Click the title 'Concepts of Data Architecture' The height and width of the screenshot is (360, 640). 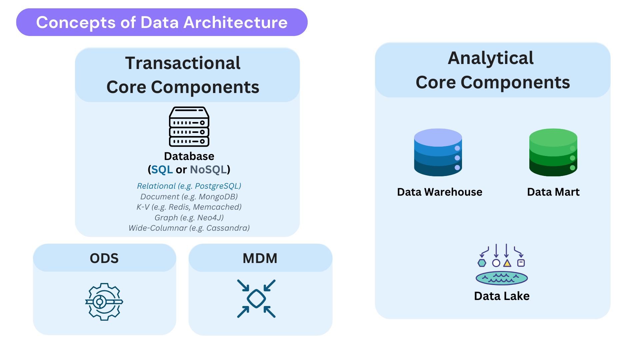(x=162, y=22)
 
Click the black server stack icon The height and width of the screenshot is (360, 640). (x=189, y=127)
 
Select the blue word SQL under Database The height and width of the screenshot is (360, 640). (x=162, y=170)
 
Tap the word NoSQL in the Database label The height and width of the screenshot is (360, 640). (x=208, y=170)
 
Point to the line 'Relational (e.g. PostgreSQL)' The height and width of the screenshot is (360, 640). (x=189, y=186)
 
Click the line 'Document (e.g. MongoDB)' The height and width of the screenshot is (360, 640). (x=189, y=197)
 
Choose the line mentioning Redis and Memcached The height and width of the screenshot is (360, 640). (x=189, y=207)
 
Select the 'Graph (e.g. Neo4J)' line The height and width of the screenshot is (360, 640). (x=189, y=218)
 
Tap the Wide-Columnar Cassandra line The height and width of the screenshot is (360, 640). (x=189, y=228)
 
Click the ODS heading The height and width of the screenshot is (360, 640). (x=104, y=258)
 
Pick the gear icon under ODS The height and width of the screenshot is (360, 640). (x=104, y=302)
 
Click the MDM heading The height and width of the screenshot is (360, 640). (x=260, y=258)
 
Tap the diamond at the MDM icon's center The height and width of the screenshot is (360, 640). (x=256, y=299)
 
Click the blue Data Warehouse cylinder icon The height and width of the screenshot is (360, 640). (x=438, y=152)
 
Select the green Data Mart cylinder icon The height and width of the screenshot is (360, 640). (x=553, y=152)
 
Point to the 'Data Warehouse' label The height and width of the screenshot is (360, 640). (x=440, y=192)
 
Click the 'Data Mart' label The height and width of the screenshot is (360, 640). (x=553, y=192)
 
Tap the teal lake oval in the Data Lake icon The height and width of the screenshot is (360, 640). (x=502, y=278)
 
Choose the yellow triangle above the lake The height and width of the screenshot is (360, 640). (x=507, y=263)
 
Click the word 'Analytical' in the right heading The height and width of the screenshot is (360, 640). (x=491, y=58)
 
